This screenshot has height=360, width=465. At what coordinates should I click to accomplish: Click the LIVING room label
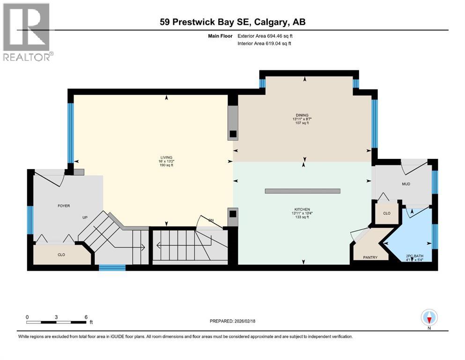(166, 157)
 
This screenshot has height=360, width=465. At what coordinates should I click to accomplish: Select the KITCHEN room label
(302, 209)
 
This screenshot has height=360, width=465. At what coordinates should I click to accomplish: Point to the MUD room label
(406, 184)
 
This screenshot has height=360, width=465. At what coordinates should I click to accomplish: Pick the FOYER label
(64, 205)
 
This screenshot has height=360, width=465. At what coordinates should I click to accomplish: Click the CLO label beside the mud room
(386, 213)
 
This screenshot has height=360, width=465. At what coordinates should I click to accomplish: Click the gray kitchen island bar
(302, 191)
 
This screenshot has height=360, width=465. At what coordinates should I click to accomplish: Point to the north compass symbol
(429, 317)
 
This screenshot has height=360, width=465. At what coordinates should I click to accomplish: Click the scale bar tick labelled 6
(86, 317)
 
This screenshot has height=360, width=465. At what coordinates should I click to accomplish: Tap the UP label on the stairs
(85, 218)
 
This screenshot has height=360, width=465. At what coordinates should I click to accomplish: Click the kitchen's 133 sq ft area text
(302, 217)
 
